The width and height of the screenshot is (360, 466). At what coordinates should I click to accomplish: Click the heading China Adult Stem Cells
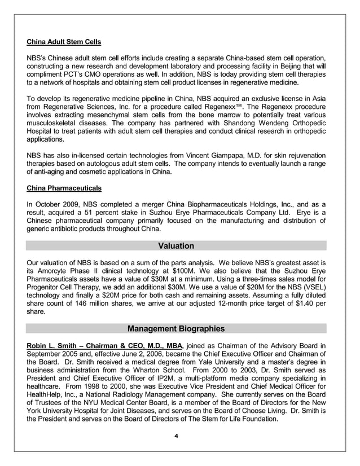pyautogui.click(x=64, y=42)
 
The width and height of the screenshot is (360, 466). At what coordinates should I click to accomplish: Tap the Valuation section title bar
pyautogui.click(x=176, y=246)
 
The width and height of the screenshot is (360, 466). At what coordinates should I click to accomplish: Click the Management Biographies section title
pyautogui.click(x=176, y=328)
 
